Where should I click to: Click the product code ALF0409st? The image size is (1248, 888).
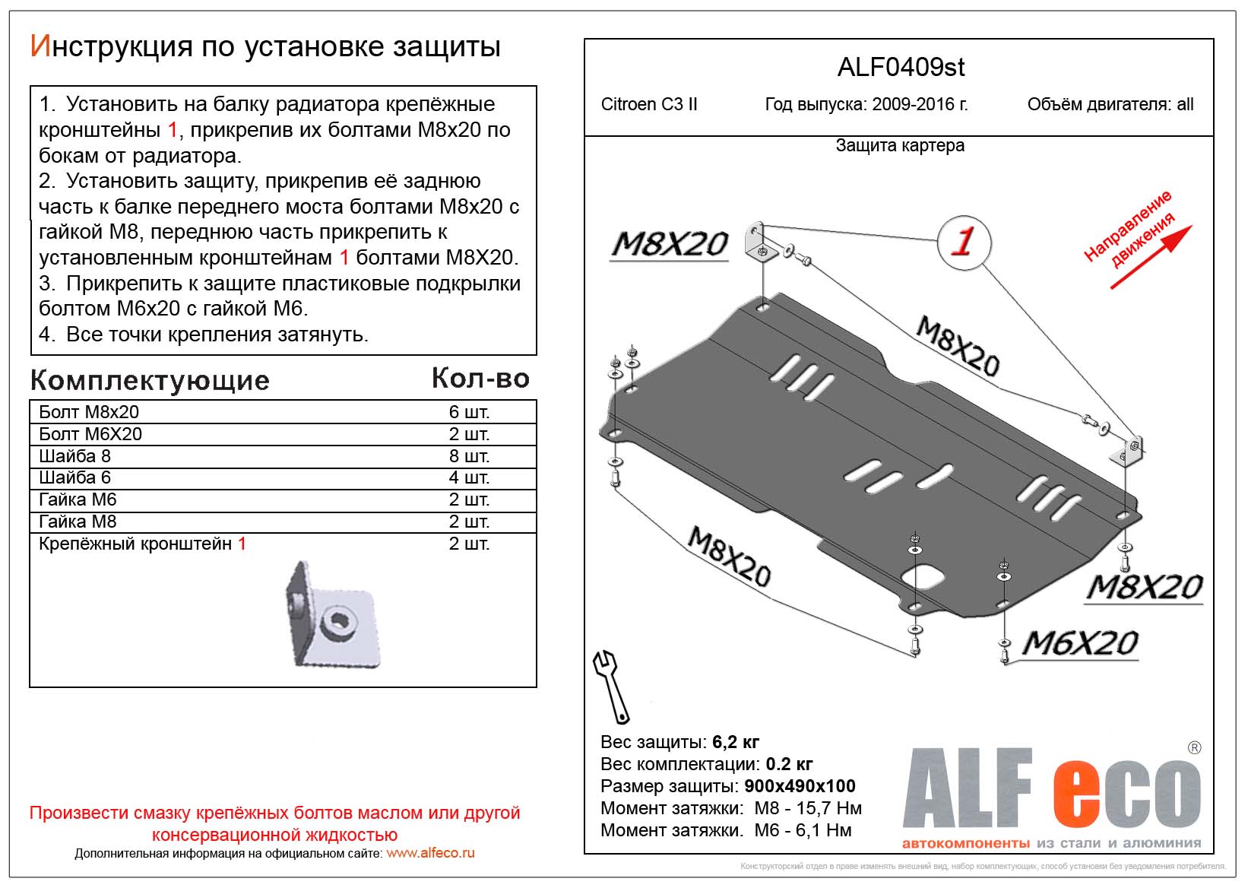901,68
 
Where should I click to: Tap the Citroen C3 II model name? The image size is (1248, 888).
649,105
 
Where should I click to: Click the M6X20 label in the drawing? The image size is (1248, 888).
1080,643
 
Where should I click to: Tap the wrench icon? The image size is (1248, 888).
611,687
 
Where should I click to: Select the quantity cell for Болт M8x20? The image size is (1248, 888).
469,412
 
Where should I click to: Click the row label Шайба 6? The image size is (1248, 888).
74,477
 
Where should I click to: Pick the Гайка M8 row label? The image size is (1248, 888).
78,522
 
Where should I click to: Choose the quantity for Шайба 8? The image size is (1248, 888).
469,456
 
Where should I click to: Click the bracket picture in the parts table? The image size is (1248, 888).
333,614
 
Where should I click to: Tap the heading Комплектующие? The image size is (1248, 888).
150,381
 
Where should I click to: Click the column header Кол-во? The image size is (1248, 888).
480,379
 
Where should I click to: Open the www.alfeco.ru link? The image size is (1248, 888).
430,853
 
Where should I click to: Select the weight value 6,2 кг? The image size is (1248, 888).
736,742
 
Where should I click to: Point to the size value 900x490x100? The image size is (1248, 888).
800,786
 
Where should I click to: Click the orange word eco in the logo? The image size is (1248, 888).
1126,793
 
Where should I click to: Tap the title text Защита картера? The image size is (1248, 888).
900,145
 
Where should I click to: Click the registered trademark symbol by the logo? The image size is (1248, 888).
1195,747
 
